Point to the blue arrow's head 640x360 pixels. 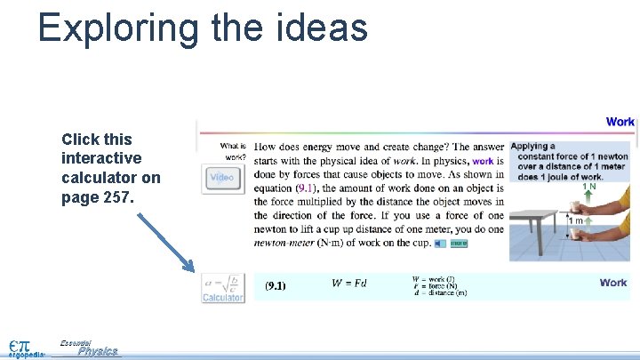(189, 267)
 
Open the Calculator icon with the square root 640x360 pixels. (222, 287)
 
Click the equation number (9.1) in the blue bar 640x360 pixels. (276, 286)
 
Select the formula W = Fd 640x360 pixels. (348, 284)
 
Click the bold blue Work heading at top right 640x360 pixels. (620, 122)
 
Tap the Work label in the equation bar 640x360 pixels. (613, 283)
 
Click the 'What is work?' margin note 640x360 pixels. (233, 151)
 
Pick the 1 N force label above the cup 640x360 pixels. (588, 187)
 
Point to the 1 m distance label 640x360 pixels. (577, 220)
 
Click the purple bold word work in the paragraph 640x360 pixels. (483, 161)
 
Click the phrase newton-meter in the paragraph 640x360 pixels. (284, 243)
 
